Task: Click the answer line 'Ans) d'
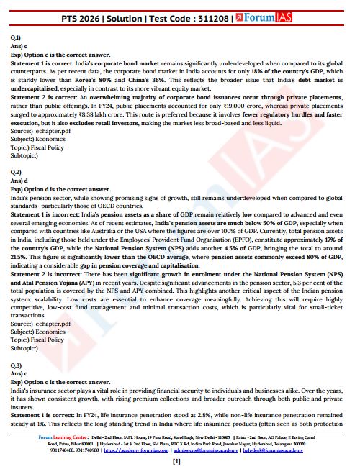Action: (x=19, y=180)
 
